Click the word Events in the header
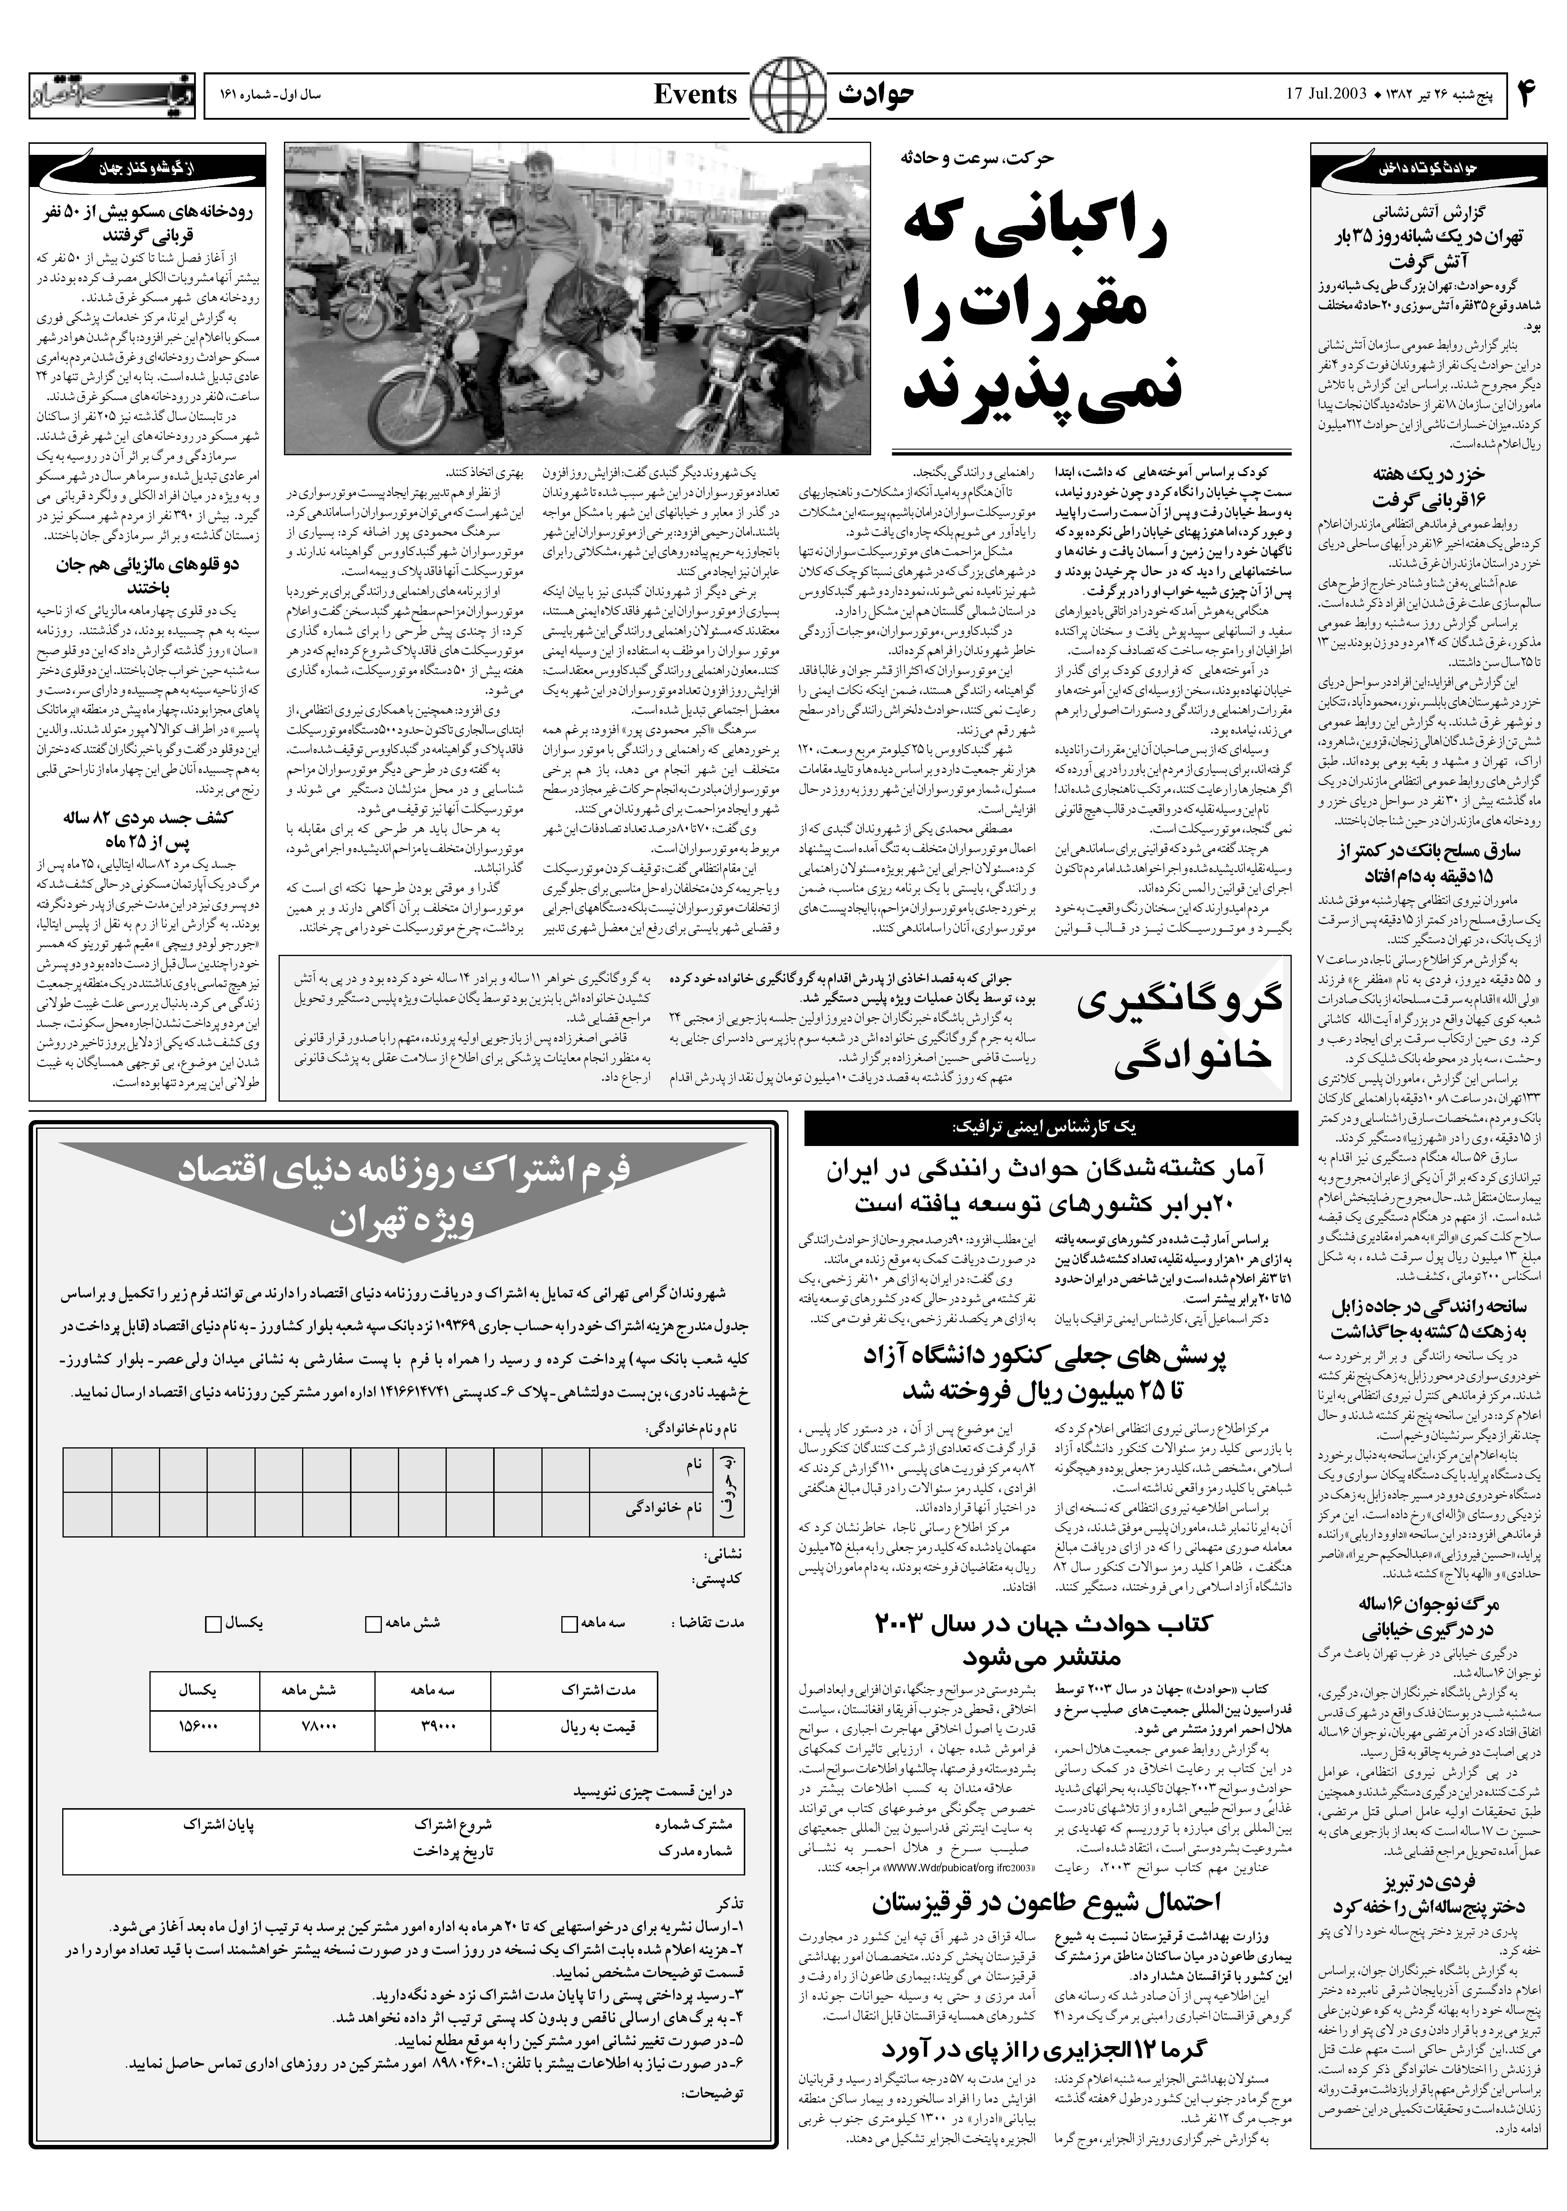click(695, 95)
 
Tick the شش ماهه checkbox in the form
click(372, 1623)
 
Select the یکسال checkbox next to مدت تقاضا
click(213, 1623)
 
